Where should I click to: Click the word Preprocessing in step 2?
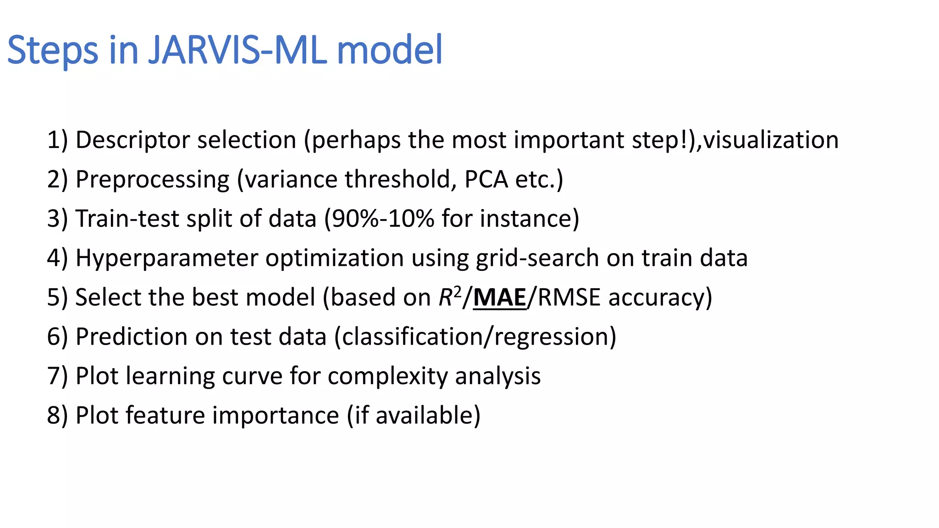(x=152, y=180)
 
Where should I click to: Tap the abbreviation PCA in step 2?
(x=486, y=179)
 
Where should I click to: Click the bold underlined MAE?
(x=500, y=297)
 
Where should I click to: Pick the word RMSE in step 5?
(x=569, y=297)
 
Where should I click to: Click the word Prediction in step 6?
(x=132, y=337)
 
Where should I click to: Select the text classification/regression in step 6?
(x=475, y=337)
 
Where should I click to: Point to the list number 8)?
(x=57, y=416)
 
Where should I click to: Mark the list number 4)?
(x=57, y=258)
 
